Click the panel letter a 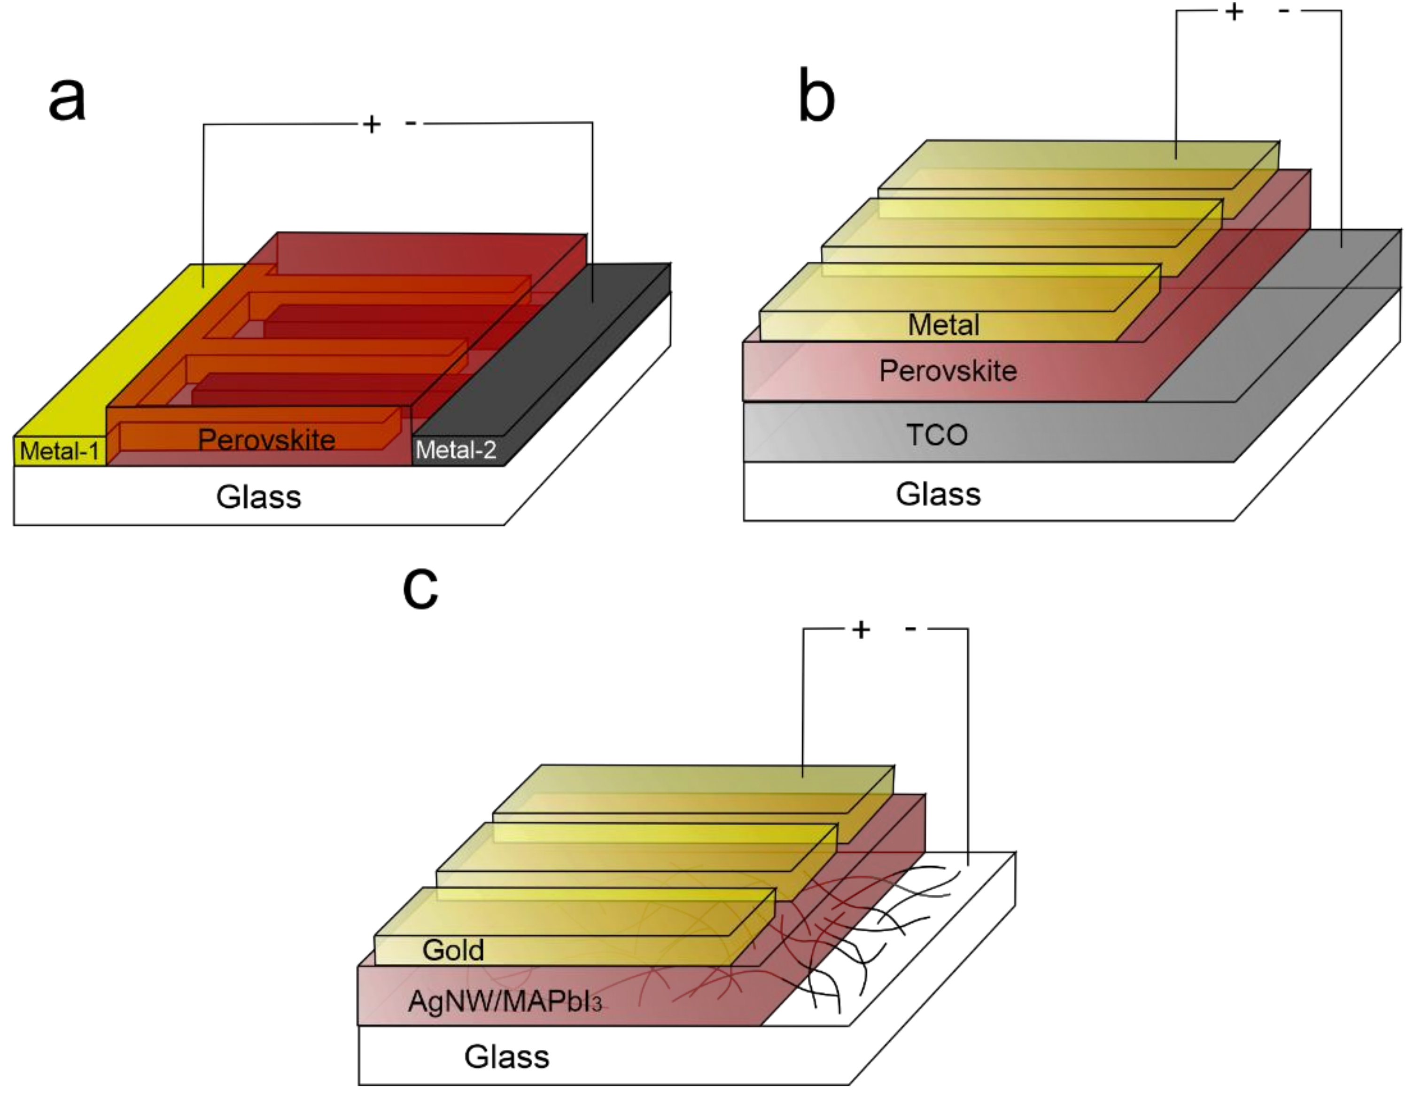67,100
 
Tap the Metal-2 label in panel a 456,449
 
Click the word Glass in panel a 258,497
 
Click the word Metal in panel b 943,325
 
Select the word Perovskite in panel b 947,371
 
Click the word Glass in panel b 938,495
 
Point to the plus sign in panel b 1234,12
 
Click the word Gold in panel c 453,950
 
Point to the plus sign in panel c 861,629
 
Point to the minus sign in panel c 911,628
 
